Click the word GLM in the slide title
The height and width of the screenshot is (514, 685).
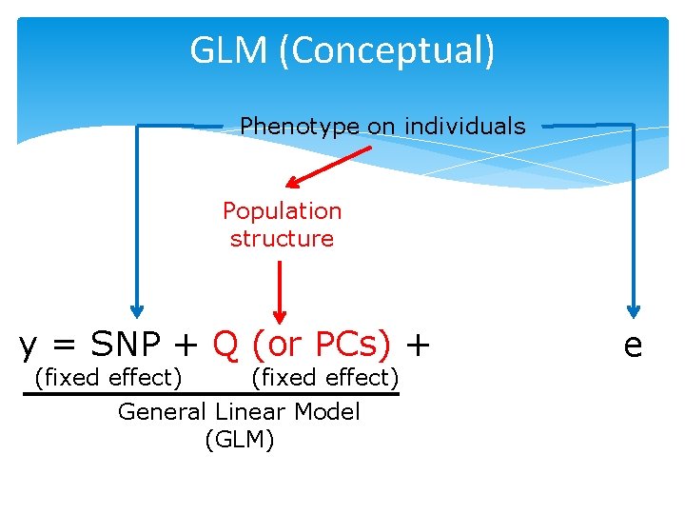(229, 50)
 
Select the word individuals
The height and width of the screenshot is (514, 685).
(464, 126)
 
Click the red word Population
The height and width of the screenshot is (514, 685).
(282, 210)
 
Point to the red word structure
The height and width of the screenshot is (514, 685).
(282, 238)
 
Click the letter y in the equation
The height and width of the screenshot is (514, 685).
(29, 345)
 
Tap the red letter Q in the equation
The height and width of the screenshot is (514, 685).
(225, 343)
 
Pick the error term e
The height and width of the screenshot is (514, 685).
(633, 345)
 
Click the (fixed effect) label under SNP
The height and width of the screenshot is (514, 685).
(108, 378)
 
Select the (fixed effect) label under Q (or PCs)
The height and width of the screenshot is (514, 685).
(323, 378)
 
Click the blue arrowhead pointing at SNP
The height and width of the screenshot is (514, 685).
(137, 309)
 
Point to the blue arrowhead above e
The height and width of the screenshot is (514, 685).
(634, 309)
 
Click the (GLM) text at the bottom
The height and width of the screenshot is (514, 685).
(239, 440)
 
